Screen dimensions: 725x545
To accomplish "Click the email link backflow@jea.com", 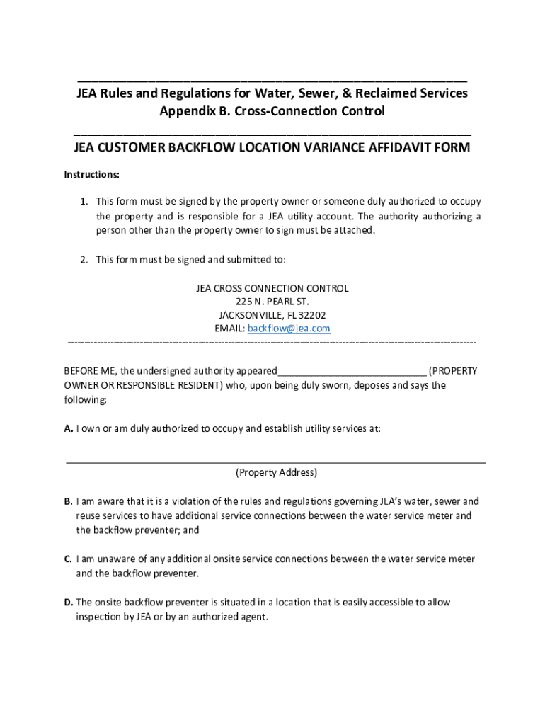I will coord(289,329).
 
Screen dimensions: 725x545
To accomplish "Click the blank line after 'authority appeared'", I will coord(352,372).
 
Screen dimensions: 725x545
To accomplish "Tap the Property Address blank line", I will coord(276,461).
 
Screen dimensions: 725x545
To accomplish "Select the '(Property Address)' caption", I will coord(276,472).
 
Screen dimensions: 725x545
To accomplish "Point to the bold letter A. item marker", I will coord(69,428).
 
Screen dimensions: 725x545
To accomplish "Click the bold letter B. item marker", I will coord(69,501).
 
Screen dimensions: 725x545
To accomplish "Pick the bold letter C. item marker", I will coord(69,559).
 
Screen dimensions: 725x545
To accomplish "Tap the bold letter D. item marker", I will coord(69,602).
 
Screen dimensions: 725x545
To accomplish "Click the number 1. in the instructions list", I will coord(84,201).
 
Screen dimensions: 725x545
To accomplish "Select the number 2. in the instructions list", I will coord(84,259).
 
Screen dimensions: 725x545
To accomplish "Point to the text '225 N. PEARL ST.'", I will coord(272,302).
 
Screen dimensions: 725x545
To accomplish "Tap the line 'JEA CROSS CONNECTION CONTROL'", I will coord(272,288).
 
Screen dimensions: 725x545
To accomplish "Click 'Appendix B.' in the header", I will coord(195,111).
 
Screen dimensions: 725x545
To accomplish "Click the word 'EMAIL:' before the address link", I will coord(229,329).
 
